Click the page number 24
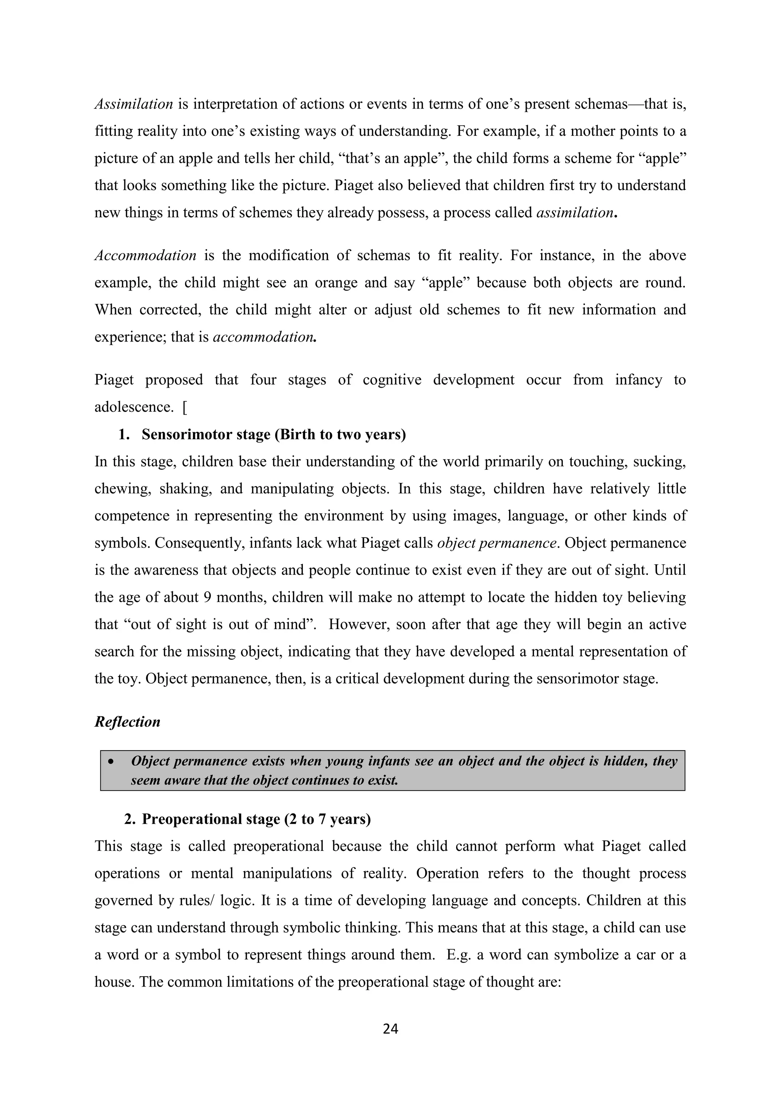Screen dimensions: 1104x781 click(x=390, y=1029)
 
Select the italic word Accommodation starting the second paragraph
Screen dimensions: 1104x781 click(x=145, y=255)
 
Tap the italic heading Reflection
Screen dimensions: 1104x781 click(x=127, y=722)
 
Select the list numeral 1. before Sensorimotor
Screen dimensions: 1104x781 click(x=124, y=434)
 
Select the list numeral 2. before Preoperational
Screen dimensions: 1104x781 click(x=130, y=819)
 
